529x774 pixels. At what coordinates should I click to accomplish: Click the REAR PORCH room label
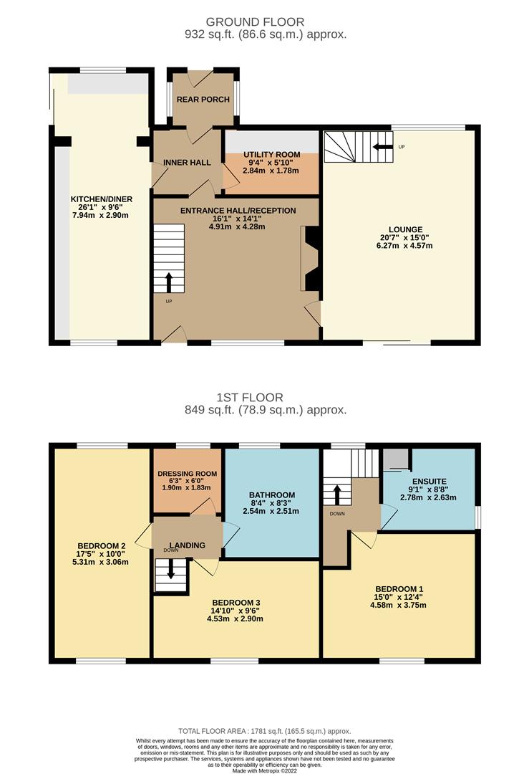click(204, 100)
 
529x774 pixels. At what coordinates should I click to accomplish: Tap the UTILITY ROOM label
click(271, 155)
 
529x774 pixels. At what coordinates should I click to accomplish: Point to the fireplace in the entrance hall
click(311, 259)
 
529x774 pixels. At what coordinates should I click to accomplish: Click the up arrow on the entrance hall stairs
click(169, 282)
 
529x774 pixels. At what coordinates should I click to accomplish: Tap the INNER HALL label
click(187, 163)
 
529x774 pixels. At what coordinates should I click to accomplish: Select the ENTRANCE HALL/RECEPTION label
click(236, 211)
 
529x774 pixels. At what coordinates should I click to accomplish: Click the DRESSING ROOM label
click(187, 474)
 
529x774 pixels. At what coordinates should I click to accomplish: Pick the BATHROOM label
click(272, 495)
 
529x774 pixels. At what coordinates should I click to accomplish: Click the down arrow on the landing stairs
click(170, 570)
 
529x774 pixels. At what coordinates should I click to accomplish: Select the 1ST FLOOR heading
click(250, 397)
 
